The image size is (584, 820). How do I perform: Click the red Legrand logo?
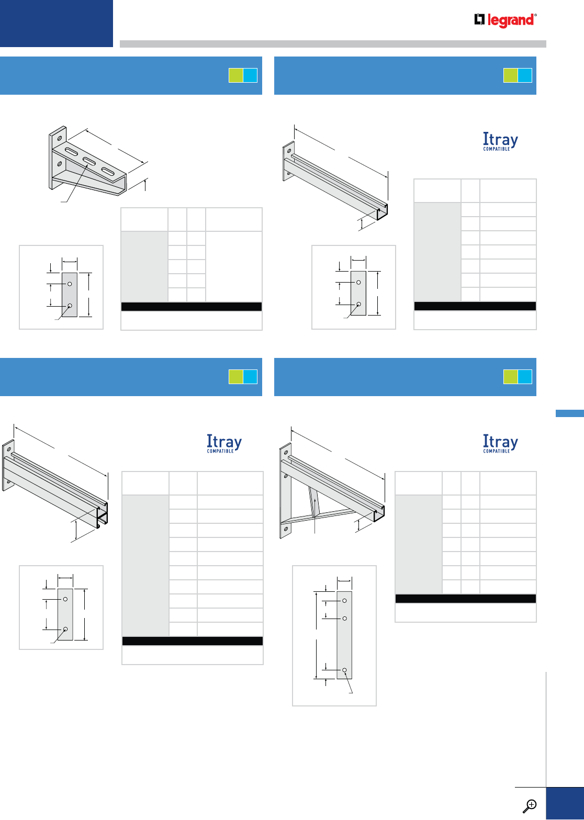[506, 20]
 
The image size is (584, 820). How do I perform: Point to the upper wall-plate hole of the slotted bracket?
[60, 139]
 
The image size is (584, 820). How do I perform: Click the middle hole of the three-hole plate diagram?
[344, 619]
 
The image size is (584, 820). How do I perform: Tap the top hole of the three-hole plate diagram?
[344, 600]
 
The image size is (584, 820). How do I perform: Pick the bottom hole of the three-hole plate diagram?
[345, 670]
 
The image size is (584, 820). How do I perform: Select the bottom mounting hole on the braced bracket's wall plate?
[285, 529]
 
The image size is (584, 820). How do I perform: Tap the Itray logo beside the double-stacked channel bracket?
[224, 442]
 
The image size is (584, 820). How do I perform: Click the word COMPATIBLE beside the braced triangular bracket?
[497, 451]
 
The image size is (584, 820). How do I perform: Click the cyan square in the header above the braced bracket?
[525, 377]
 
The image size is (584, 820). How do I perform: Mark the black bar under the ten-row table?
[192, 641]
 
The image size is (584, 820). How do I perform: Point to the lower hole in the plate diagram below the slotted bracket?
[70, 306]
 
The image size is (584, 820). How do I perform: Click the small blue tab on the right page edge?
[569, 413]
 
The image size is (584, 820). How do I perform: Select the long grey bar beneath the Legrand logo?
[333, 44]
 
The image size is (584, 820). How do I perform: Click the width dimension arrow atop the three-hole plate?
[344, 580]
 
